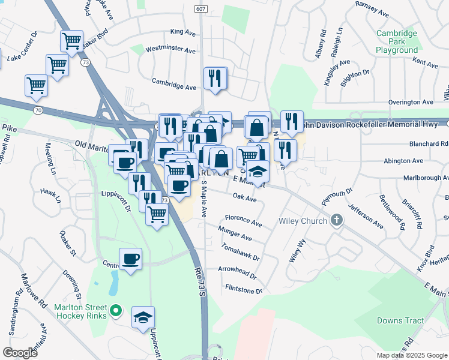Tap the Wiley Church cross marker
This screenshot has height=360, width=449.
(337, 220)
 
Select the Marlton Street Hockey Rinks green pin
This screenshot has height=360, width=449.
(117, 311)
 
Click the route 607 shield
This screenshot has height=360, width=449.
(201, 9)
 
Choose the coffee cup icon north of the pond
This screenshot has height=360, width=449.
(130, 259)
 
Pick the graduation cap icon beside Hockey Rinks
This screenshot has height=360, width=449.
(143, 317)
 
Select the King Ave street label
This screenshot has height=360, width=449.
(184, 31)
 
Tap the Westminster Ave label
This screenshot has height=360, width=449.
(170, 50)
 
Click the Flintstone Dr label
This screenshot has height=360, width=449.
(243, 291)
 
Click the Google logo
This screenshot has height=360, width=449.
(20, 352)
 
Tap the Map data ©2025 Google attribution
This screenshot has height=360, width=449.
(411, 355)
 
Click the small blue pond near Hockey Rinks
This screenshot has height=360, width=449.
(112, 283)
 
